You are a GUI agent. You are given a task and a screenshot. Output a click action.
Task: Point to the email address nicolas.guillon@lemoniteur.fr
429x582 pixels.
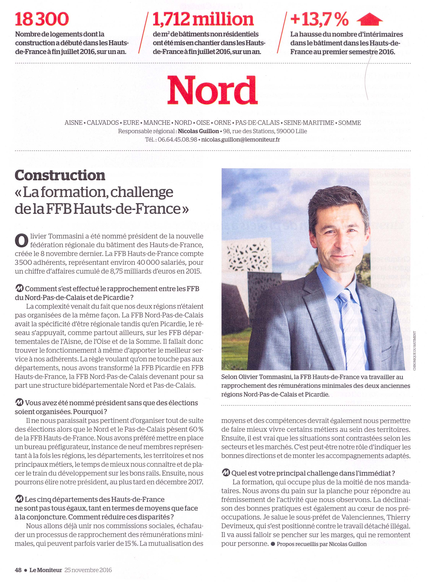coord(240,140)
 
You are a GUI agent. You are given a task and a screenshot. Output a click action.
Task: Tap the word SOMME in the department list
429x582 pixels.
coord(349,123)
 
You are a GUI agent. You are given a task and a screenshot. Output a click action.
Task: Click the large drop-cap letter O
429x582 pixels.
coord(21,240)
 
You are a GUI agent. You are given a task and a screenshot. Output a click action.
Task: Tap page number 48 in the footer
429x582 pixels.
coord(18,570)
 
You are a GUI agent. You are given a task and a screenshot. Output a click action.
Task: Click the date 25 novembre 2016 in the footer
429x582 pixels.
coord(88,570)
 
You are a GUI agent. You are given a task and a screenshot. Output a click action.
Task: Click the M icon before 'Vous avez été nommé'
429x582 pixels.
coord(19,403)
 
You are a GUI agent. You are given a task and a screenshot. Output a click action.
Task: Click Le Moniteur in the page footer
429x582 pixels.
coord(45,570)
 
